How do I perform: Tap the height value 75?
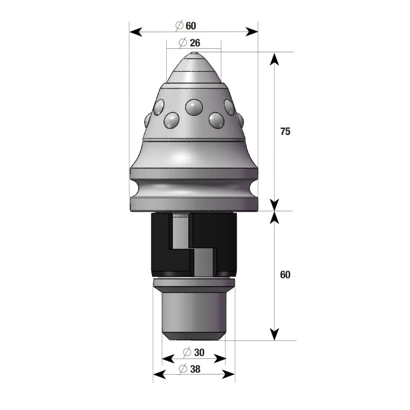click(x=285, y=131)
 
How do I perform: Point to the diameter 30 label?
click(x=194, y=352)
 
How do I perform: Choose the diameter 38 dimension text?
click(x=190, y=369)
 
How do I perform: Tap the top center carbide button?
click(x=194, y=107)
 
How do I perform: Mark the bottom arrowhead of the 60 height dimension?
click(x=274, y=334)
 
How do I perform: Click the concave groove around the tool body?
click(x=194, y=188)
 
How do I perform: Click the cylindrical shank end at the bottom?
click(x=194, y=316)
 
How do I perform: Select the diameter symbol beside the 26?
click(x=183, y=42)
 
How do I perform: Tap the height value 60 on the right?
click(x=285, y=275)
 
